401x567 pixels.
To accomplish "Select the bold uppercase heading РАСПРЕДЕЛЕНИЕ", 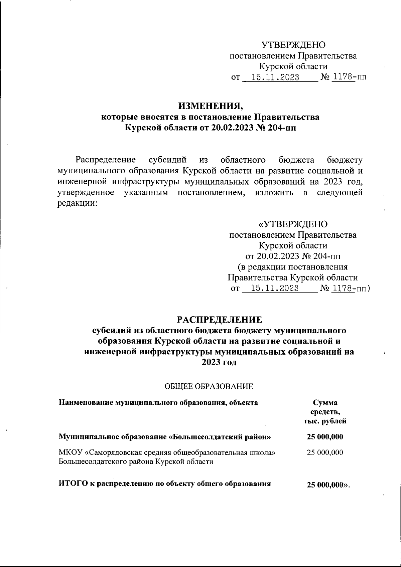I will coord(220,320).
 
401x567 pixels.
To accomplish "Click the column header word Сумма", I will coord(325,402).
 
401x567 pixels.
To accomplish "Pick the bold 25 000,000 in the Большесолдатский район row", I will coord(325,436).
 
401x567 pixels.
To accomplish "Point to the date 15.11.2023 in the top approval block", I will coord(275,77).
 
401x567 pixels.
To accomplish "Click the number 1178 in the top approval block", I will coord(342,77).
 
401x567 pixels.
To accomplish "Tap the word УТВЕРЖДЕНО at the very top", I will coord(293,45).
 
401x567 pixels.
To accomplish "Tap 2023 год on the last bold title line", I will coord(219,363).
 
